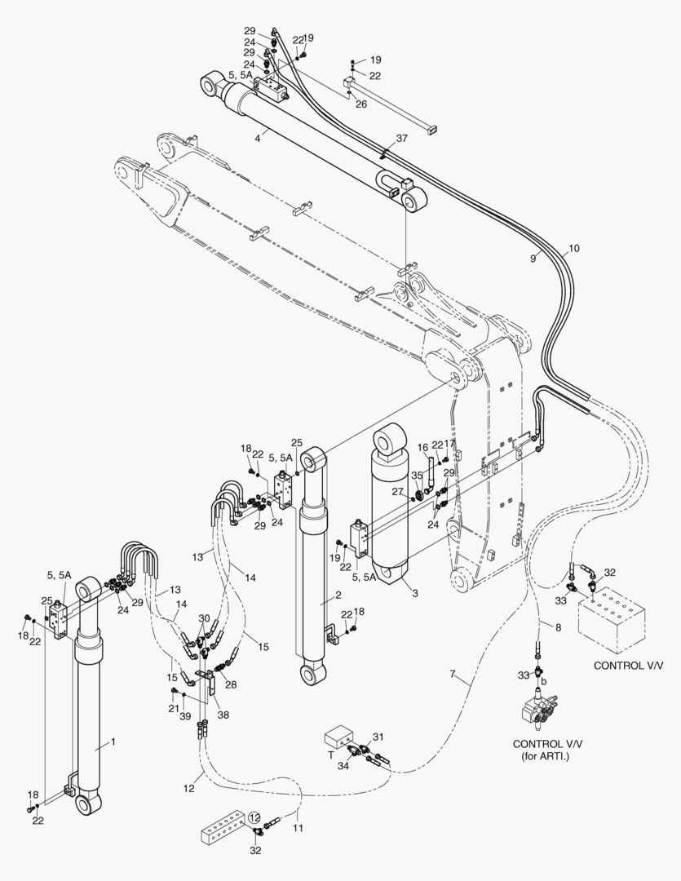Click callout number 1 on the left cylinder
[x=113, y=743]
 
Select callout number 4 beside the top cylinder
[x=257, y=139]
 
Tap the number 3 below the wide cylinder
[x=414, y=593]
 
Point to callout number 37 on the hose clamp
[x=401, y=139]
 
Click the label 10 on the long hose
[x=574, y=248]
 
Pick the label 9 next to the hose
[x=533, y=258]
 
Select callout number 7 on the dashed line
[x=453, y=675]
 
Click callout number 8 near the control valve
[x=558, y=627]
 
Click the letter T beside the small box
[x=331, y=755]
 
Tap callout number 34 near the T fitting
[x=343, y=765]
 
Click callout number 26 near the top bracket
[x=360, y=104]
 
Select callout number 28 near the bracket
[x=231, y=684]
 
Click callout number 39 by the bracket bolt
[x=185, y=715]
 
